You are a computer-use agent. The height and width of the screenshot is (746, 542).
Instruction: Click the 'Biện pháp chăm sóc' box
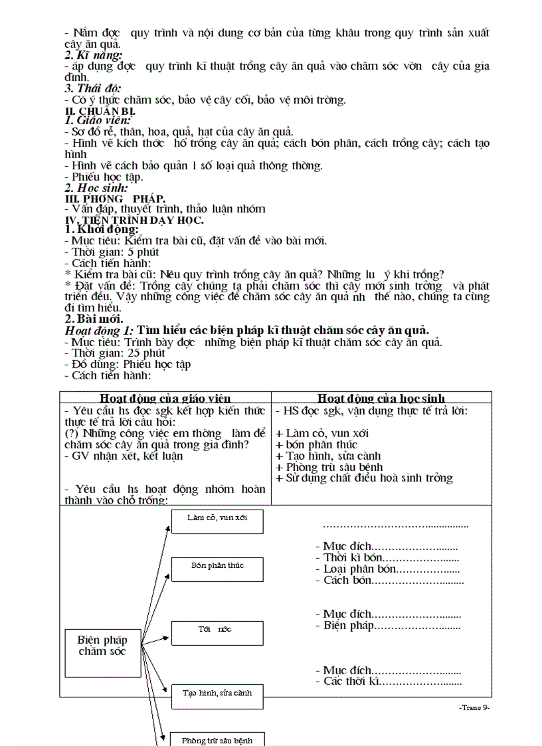(103, 645)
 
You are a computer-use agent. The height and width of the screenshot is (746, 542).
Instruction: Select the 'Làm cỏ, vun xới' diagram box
(217, 521)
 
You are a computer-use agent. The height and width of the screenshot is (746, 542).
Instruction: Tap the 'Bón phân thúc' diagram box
(217, 569)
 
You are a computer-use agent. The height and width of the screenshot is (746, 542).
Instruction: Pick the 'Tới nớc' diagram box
(217, 633)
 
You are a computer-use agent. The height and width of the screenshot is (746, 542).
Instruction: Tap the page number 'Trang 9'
(474, 708)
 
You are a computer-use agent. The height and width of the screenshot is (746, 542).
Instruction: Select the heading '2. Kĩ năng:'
(94, 55)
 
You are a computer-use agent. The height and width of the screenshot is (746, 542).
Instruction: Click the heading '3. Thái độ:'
(93, 88)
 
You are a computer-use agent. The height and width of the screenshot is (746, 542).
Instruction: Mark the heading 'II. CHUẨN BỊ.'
(96, 110)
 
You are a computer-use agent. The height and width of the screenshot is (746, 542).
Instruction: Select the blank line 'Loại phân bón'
(387, 569)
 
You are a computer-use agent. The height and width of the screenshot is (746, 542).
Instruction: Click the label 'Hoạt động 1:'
(99, 330)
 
